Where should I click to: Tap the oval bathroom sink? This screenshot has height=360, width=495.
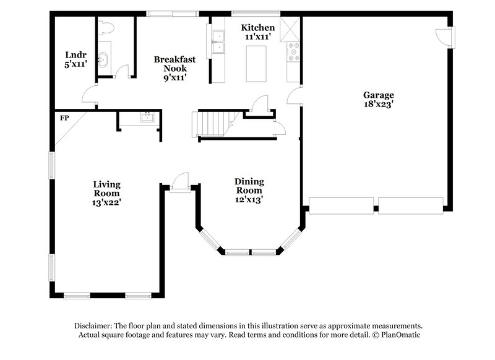coord(103,59)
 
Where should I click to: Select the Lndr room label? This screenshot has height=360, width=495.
coord(75,53)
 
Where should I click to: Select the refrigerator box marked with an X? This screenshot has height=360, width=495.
coord(290,28)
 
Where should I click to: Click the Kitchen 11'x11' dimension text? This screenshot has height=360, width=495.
coord(257,37)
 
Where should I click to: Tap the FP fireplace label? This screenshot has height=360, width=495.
coord(64,118)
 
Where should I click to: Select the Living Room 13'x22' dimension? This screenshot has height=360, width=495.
coord(106,202)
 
